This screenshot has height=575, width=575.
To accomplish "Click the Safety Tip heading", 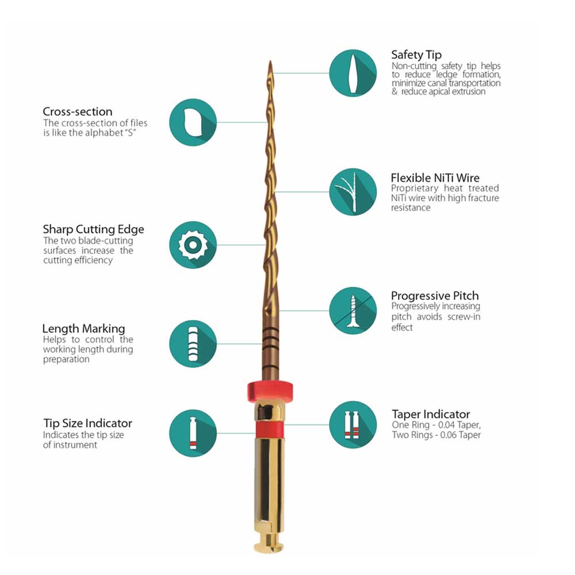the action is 416,55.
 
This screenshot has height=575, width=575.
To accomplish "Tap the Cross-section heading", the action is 78,112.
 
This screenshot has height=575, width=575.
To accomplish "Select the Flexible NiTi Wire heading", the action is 435,178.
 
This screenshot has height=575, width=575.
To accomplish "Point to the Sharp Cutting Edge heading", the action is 93,229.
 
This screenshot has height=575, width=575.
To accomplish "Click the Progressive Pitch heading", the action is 435,296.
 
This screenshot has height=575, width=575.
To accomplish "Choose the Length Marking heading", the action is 83,328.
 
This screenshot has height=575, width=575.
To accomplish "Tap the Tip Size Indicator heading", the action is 87,423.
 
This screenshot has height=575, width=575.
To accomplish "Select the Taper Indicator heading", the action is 431,415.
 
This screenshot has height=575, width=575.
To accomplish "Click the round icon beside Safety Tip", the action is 353,73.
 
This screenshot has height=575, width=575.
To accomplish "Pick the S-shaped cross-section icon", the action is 193,122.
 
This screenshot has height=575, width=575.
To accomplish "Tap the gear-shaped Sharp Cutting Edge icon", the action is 193,244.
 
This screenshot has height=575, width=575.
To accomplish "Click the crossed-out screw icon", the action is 353,310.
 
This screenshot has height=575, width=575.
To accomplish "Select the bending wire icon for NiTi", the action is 353,192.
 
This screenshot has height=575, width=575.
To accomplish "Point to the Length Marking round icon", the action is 193,344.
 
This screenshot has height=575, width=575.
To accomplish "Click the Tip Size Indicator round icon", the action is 193,433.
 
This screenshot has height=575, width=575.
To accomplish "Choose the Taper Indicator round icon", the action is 353,425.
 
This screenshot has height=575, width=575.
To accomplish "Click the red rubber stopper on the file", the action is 270,392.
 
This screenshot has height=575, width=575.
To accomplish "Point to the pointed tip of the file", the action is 271,62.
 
